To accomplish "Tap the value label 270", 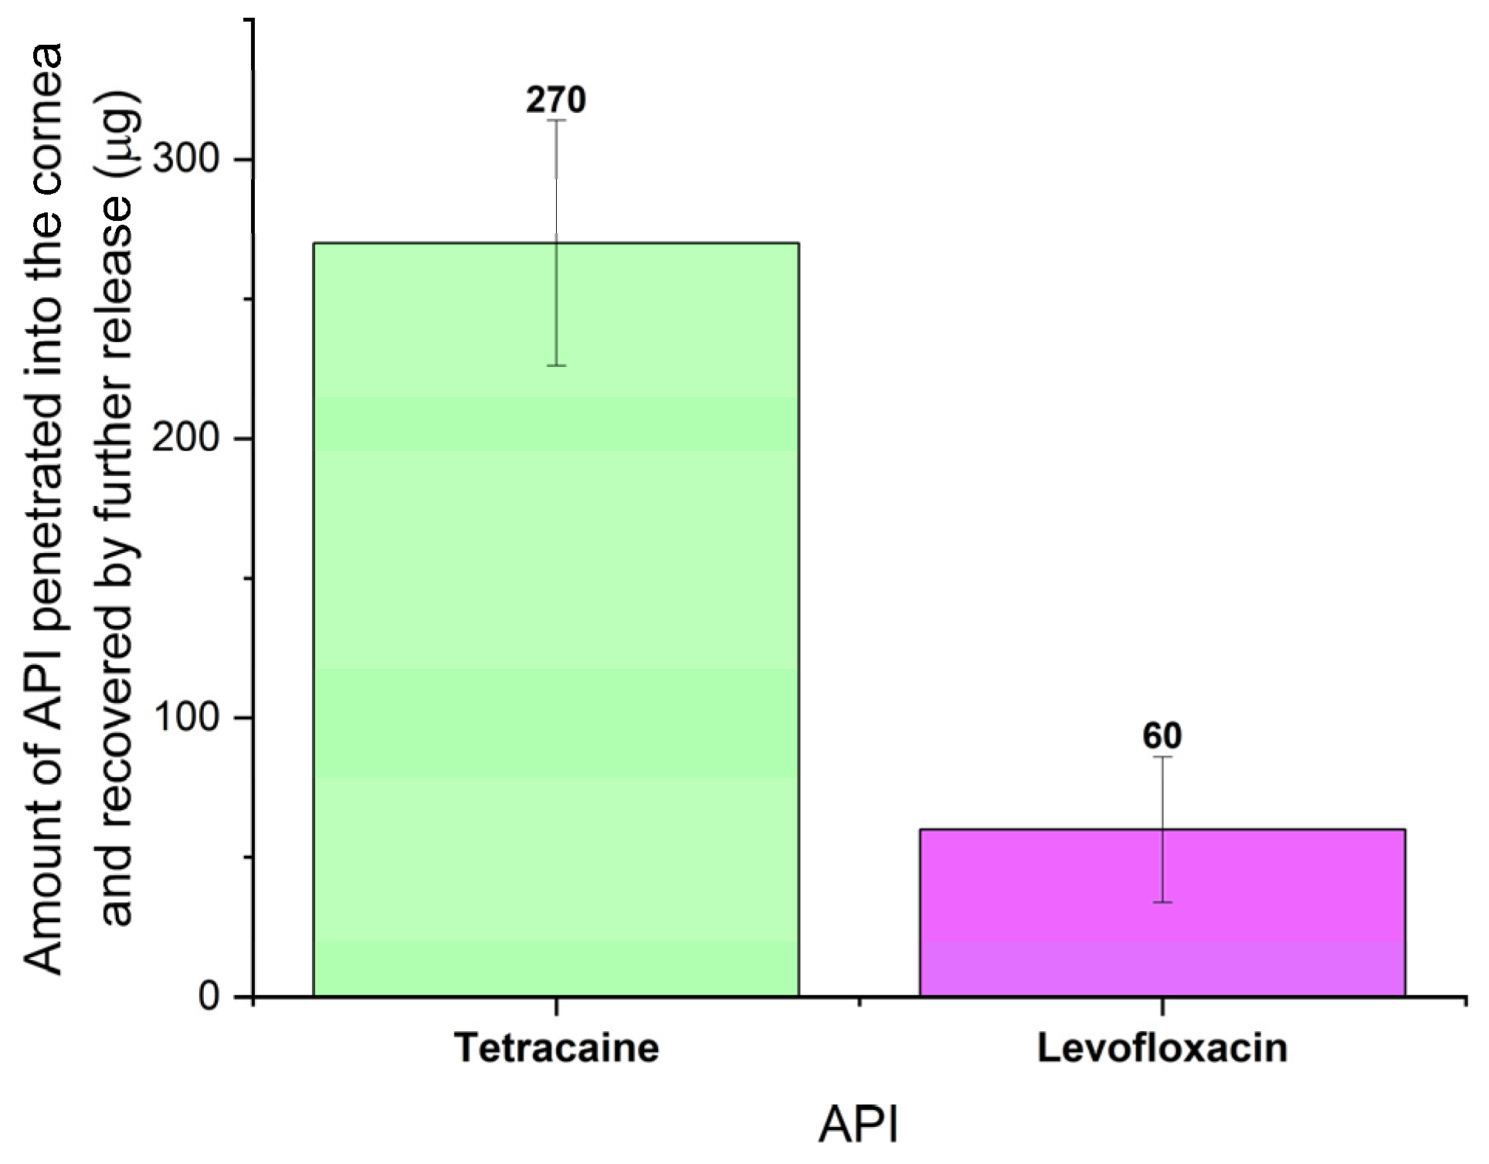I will pyautogui.click(x=556, y=100).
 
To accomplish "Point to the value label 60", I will pyautogui.click(x=1162, y=736).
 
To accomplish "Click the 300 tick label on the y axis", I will pyautogui.click(x=185, y=160).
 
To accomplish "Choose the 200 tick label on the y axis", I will pyautogui.click(x=185, y=439).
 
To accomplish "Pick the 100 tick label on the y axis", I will pyautogui.click(x=185, y=718).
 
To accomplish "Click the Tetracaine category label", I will pyautogui.click(x=556, y=1048).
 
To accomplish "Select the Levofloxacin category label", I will pyautogui.click(x=1162, y=1048).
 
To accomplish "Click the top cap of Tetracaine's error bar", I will pyautogui.click(x=556, y=120).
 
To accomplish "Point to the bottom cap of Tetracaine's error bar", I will pyautogui.click(x=556, y=365).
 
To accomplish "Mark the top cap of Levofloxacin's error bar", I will pyautogui.click(x=1162, y=757).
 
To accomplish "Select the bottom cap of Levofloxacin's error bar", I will pyautogui.click(x=1162, y=902).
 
